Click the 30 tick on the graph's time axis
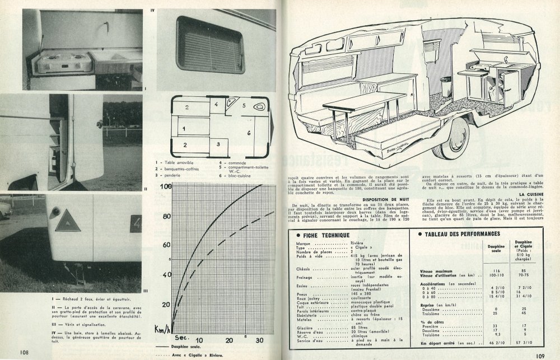tap(258, 340)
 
